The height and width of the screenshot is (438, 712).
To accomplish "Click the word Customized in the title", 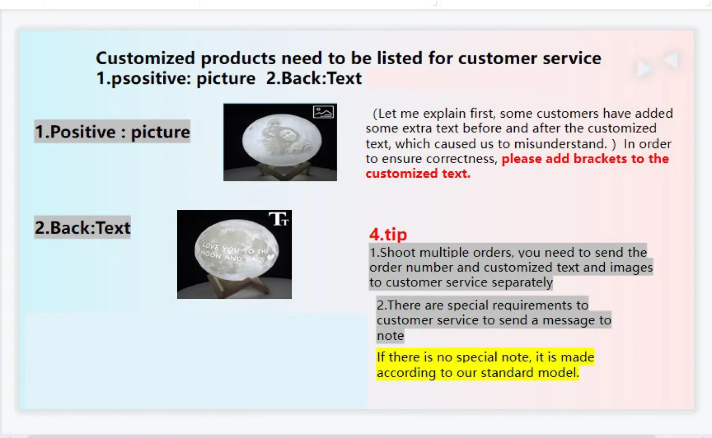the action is coord(146,58).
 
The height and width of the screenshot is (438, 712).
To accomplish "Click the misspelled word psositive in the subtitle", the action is coord(151,79).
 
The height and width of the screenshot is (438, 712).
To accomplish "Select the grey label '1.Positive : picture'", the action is coord(112,131).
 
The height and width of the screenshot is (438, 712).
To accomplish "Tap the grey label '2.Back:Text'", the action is coord(82,227).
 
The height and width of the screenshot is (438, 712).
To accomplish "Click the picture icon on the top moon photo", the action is coord(323,112).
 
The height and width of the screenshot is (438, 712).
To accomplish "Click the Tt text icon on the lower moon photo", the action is coord(279,219).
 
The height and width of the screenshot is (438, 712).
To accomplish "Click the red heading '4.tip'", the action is coord(388,235).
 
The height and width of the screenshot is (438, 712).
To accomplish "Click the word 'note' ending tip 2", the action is coord(390,335).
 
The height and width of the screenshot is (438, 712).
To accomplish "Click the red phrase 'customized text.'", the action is coord(418,173).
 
